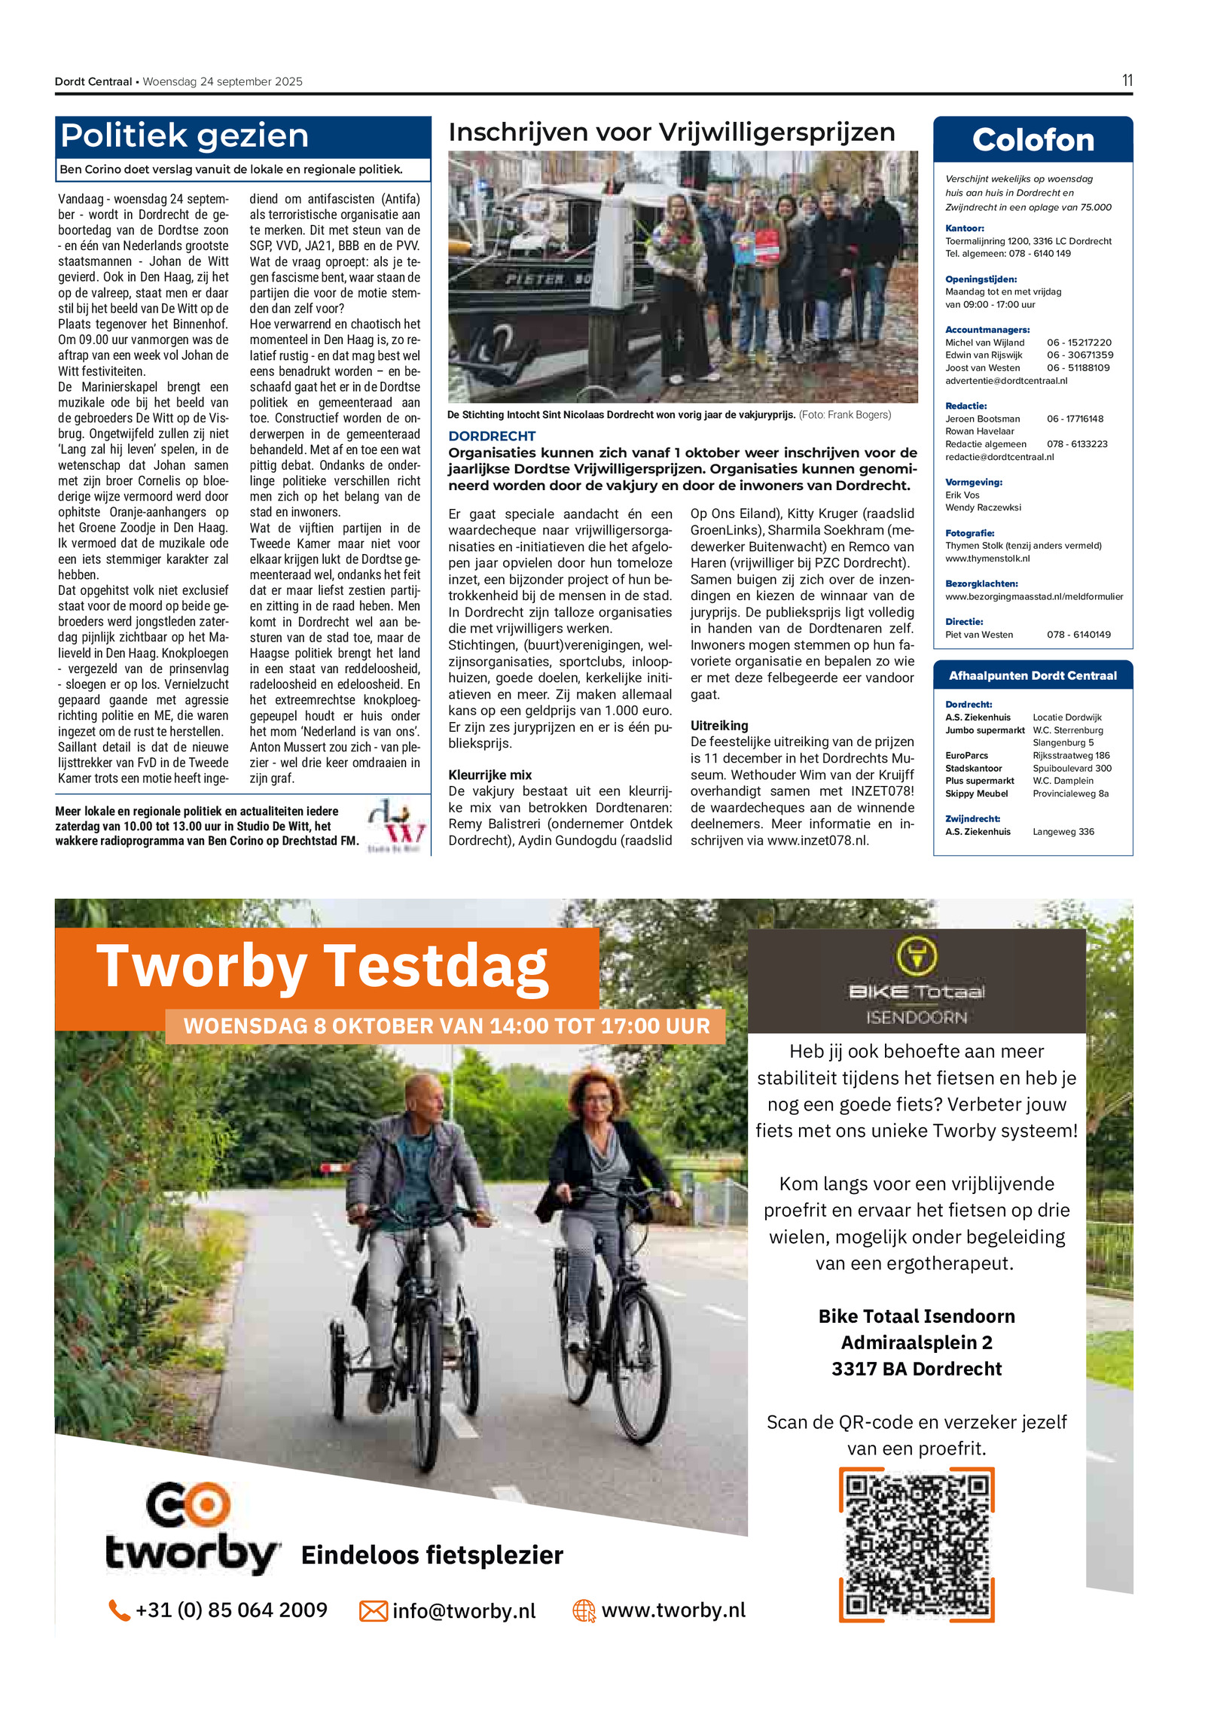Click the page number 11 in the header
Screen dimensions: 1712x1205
point(1126,81)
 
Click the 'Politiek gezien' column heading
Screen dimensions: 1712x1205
point(185,136)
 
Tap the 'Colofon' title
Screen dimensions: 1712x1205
point(1032,140)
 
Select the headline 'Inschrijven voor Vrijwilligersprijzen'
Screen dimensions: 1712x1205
point(671,133)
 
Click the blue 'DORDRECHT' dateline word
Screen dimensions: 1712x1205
point(492,436)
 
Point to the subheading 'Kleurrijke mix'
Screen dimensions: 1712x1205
point(490,775)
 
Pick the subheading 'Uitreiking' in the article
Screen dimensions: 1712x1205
point(718,725)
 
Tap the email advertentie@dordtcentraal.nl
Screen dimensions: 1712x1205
point(1005,380)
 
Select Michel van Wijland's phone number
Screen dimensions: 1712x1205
point(1078,343)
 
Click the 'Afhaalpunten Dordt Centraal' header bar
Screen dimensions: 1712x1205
point(1032,675)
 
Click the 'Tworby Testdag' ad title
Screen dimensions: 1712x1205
point(322,967)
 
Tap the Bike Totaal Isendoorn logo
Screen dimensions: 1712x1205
point(916,980)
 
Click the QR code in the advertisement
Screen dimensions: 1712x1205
point(916,1544)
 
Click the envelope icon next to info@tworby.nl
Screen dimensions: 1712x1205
point(373,1610)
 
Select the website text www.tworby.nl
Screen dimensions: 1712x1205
point(673,1610)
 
